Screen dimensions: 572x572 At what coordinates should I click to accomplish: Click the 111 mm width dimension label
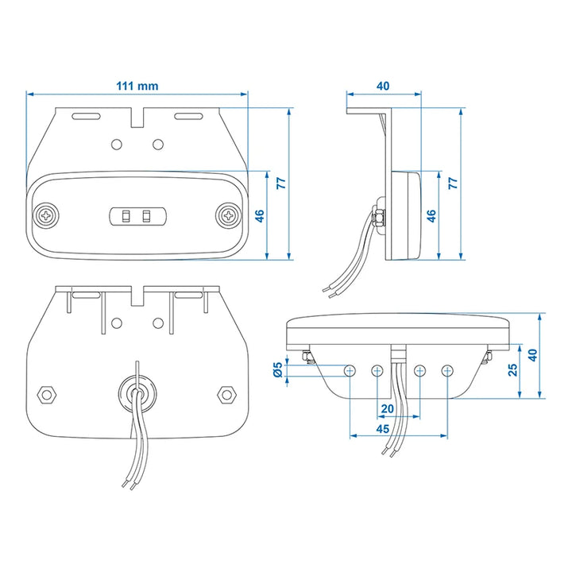137,86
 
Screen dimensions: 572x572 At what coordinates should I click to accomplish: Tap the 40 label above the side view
383,86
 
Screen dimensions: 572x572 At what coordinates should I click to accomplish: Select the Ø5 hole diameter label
277,369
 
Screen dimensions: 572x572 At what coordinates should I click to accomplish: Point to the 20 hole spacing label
387,408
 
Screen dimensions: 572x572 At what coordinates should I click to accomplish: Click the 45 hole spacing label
383,429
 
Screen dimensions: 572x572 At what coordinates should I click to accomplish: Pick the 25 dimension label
513,369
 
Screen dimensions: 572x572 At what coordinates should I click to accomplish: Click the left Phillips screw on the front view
46,216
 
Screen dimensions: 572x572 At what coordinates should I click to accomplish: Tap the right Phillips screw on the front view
228,216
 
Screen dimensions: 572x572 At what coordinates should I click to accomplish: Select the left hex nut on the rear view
47,394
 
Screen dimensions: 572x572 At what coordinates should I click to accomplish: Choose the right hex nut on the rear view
227,394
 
